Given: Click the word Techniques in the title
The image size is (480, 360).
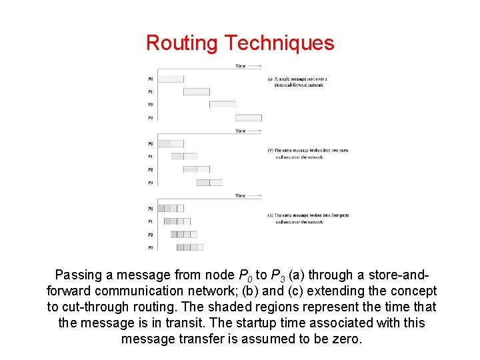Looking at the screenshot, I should coord(280,43).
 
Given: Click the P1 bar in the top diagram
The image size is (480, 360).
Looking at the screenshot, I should coord(196,91).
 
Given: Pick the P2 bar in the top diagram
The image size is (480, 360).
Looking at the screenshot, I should coord(222,105).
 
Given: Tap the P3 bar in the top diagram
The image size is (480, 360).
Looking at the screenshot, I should coord(248,117).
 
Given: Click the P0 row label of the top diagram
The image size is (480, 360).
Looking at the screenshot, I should coord(150,79).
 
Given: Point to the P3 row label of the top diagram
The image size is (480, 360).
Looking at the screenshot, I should coord(150,117).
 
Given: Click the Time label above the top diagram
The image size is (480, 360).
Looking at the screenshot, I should coord(240,65).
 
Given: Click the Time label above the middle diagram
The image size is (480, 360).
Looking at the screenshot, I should coord(240,131).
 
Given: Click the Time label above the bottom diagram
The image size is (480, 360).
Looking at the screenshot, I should coord(240,195).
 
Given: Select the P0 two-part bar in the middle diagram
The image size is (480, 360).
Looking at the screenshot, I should coord(170,143).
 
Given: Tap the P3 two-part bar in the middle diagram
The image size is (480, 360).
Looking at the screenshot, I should coord(209,182).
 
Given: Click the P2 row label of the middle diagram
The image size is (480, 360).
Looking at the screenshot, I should coord(150,169).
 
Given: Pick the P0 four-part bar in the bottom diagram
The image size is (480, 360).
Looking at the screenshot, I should coord(170,208).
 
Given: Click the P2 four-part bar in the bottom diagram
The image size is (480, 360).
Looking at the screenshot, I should coord(183,234).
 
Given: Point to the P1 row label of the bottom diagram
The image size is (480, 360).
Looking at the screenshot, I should coord(150,221).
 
